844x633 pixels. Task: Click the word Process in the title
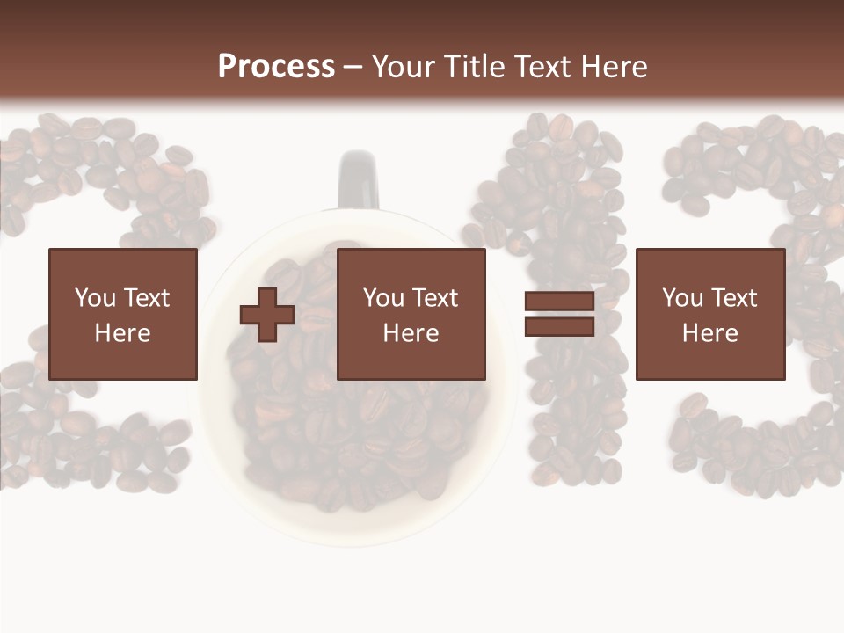point(276,67)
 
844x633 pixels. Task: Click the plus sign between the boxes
point(267,315)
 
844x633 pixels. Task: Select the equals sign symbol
point(559,314)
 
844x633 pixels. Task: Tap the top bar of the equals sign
point(559,302)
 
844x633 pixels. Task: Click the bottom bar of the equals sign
point(559,326)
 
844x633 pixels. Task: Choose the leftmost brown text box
point(123,314)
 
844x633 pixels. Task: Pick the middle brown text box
point(411,314)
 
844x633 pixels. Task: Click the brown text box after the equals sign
point(710,314)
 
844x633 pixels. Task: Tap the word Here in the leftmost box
point(123,333)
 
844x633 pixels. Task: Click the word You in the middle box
point(383,298)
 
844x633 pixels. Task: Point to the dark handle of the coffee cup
point(358,178)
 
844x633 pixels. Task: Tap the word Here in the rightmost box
point(710,333)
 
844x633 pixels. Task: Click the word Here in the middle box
point(411,333)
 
